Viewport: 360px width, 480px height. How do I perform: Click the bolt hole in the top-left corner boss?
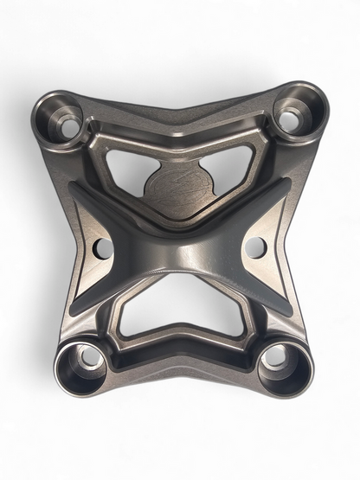point(67,126)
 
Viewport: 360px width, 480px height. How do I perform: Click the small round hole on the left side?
point(103,249)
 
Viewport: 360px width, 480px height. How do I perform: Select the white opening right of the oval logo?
point(232,168)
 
